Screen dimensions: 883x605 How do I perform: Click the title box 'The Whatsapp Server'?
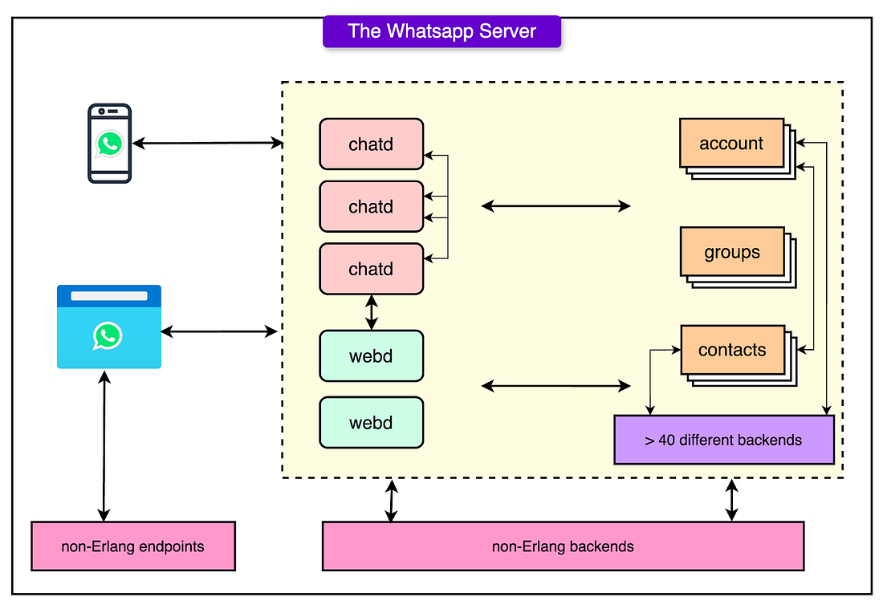[441, 31]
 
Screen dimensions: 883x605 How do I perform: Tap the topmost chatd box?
[371, 144]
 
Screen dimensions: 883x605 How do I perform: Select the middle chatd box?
[371, 206]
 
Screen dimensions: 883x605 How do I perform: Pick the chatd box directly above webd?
[371, 269]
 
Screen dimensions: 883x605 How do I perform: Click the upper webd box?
[371, 355]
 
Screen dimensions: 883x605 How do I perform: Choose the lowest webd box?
[371, 423]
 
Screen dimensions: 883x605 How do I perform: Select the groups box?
[732, 252]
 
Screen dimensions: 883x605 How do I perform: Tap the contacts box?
[733, 350]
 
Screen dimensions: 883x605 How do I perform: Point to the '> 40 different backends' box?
[723, 440]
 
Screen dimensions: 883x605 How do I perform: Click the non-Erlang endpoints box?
[133, 546]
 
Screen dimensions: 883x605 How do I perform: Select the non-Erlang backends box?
[563, 546]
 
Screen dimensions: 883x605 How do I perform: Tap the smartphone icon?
[110, 144]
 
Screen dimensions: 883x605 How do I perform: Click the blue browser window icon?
[109, 327]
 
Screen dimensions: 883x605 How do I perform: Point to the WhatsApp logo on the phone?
[110, 144]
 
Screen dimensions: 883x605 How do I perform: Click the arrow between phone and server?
[207, 143]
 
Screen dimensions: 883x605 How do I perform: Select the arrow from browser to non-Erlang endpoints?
[104, 446]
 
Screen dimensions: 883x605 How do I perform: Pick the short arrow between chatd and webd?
[371, 312]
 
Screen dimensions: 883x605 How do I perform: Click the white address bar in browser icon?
[108, 296]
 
